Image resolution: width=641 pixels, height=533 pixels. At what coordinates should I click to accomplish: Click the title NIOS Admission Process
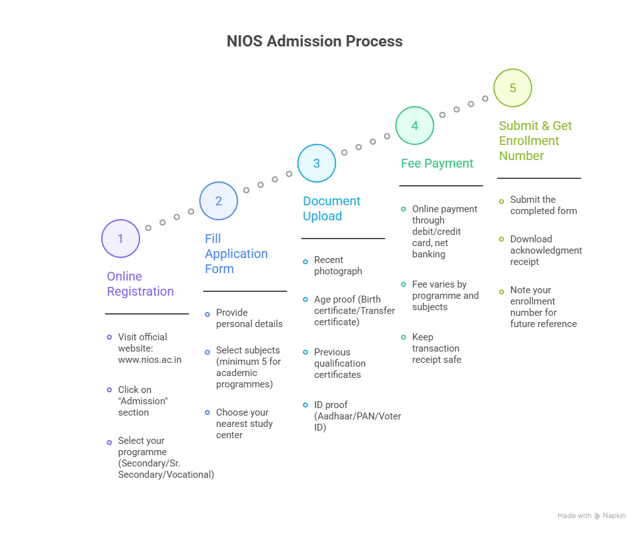(314, 41)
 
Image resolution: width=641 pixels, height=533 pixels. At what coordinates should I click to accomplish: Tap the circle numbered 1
(120, 239)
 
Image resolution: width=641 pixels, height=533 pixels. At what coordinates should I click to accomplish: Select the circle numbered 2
(218, 201)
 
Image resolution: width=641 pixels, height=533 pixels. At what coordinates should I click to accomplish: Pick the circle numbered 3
(316, 163)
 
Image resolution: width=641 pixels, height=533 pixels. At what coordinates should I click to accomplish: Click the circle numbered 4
(414, 126)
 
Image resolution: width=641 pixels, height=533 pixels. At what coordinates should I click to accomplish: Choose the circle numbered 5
(512, 88)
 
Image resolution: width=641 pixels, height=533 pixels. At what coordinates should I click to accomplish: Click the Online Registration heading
(140, 284)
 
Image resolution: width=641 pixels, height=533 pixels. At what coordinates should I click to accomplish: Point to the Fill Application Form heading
(236, 254)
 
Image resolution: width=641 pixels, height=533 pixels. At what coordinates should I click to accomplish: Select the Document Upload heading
(332, 208)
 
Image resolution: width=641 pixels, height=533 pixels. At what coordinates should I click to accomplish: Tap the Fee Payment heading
(437, 163)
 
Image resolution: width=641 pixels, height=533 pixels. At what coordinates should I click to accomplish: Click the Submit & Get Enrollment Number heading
(535, 141)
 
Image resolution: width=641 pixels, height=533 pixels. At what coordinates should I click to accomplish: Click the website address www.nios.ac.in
(150, 360)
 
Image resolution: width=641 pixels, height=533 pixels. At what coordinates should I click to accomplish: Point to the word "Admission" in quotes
(143, 401)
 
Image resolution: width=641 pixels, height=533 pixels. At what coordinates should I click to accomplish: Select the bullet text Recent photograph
(337, 266)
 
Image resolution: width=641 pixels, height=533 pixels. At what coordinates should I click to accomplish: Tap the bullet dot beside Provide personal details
(207, 313)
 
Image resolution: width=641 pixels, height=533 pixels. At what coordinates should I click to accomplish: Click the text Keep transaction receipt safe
(436, 348)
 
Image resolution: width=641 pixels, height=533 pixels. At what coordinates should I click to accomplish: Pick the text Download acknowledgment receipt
(545, 250)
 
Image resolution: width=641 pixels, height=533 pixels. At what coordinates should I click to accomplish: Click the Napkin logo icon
(597, 516)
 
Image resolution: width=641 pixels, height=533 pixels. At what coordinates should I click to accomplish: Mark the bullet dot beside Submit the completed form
(501, 201)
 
